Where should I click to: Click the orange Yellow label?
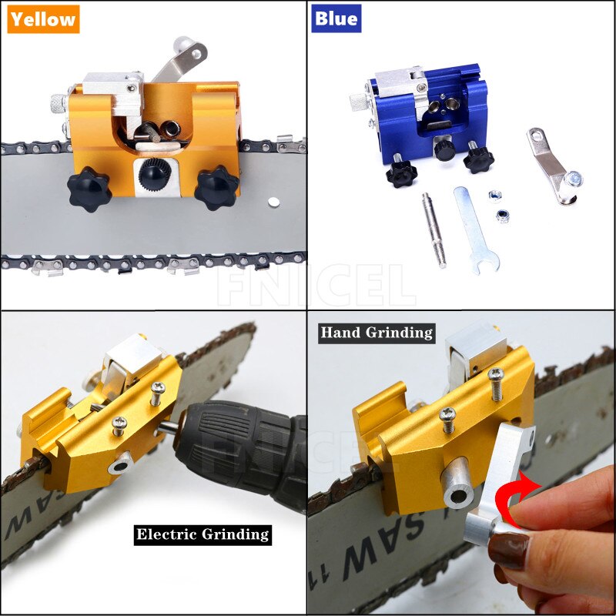coord(43,18)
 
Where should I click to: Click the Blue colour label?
coord(336,18)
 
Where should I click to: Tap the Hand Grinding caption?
coord(377,333)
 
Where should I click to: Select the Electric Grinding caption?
coord(203,534)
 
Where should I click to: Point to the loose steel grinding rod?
coord(434,229)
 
